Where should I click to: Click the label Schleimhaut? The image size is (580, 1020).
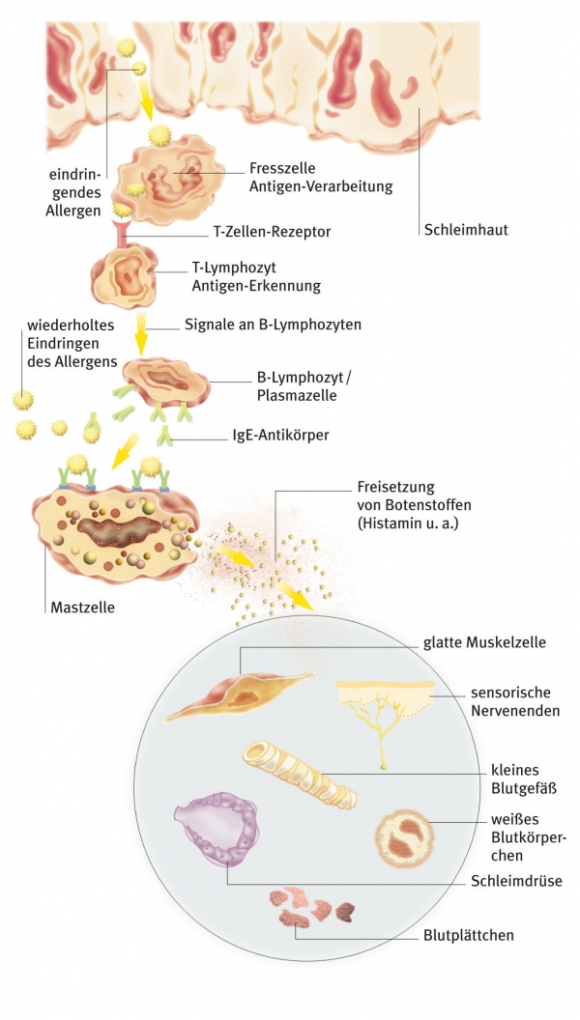tap(465, 230)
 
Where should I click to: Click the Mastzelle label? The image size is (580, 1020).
tap(80, 609)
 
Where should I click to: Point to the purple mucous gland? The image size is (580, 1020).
tap(217, 826)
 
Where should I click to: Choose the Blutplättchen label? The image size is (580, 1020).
tap(468, 935)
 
